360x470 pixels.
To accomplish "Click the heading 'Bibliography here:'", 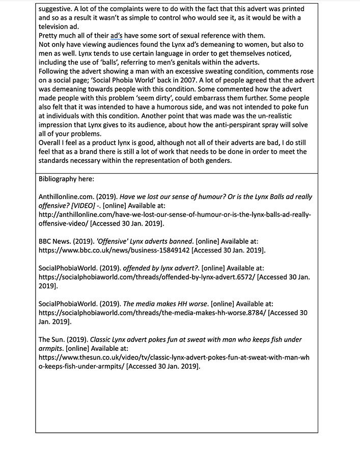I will pyautogui.click(x=66, y=179).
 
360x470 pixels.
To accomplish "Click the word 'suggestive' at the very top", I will pyautogui.click(x=58, y=8).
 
